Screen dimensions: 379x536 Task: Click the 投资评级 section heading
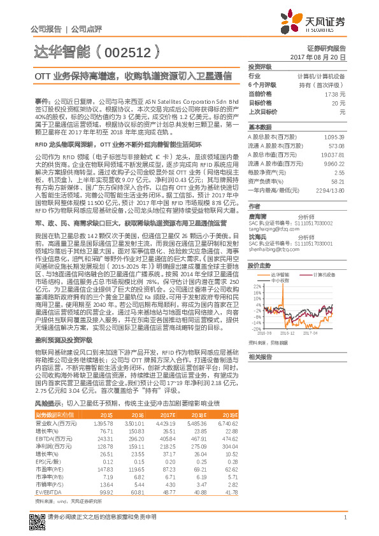coord(260,66)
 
